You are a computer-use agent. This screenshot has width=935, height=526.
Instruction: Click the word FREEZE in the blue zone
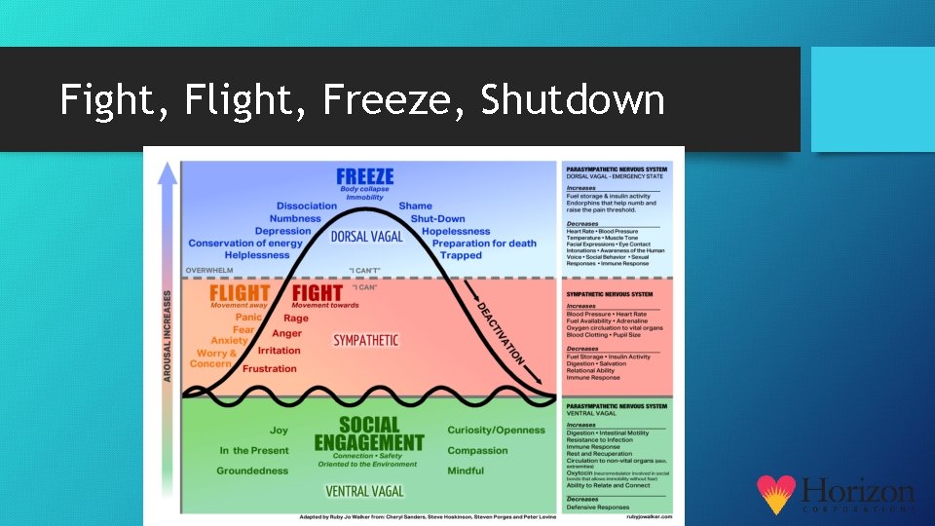(365, 176)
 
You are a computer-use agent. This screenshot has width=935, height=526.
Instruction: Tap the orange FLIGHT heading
(240, 292)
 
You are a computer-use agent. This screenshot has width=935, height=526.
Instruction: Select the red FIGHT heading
(318, 292)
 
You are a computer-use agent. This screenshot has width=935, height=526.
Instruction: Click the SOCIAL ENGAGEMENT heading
(369, 433)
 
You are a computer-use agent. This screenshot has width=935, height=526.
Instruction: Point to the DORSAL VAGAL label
(366, 237)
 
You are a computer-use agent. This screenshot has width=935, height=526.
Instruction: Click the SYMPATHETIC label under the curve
(366, 340)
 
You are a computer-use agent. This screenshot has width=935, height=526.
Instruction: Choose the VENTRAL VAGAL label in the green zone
(366, 491)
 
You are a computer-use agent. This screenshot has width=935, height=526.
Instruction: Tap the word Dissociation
(307, 207)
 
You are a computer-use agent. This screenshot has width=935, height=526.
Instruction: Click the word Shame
(416, 207)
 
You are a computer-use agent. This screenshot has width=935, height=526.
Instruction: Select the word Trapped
(461, 256)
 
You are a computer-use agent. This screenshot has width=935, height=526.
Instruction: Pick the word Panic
(248, 318)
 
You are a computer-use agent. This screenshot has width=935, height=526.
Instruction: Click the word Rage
(296, 319)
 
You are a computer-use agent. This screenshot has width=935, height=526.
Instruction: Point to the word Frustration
(270, 369)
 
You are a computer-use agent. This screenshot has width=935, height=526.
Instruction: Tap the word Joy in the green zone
(279, 431)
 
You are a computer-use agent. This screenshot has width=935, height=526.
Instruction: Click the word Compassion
(477, 451)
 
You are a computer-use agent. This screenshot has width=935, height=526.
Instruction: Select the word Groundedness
(252, 471)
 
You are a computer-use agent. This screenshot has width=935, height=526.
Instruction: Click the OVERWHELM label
(209, 270)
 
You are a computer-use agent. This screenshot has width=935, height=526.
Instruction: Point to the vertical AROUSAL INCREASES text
(168, 335)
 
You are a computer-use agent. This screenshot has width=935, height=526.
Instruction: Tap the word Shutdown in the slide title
(573, 99)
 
